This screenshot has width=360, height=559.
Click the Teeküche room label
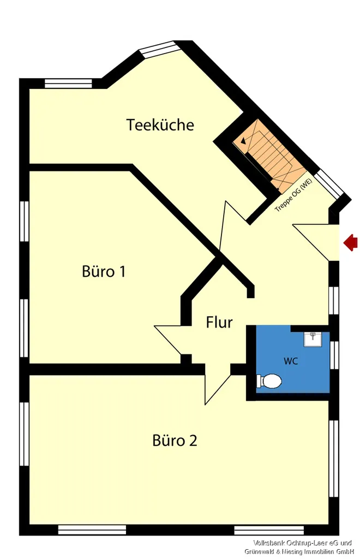click(160, 125)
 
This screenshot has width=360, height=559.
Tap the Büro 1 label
click(104, 271)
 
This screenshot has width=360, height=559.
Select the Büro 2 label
click(175, 441)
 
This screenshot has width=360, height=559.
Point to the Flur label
click(219, 322)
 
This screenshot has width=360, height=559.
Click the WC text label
click(291, 361)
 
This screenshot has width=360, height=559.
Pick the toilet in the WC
click(269, 381)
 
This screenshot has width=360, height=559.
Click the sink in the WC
click(313, 339)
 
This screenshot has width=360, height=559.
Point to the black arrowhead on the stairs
click(243, 141)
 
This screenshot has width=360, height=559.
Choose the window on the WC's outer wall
click(334, 355)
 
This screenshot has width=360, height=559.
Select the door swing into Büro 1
click(172, 340)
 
